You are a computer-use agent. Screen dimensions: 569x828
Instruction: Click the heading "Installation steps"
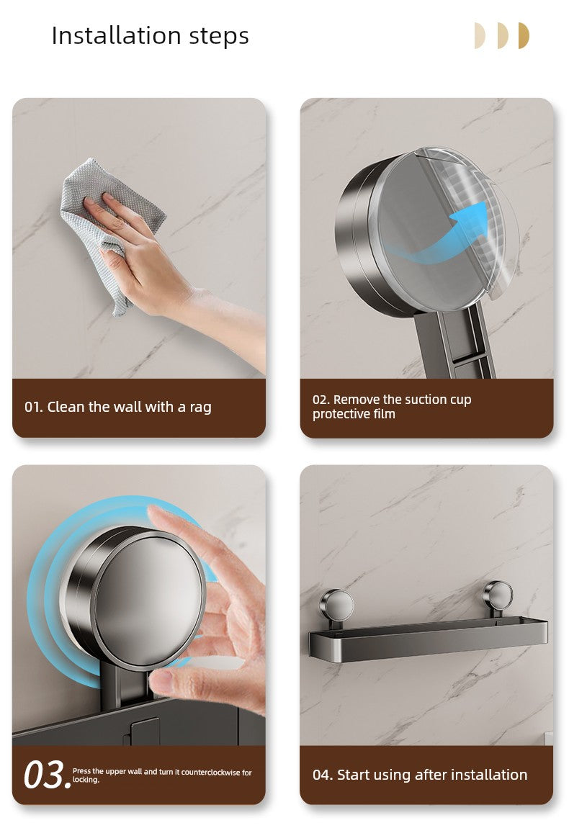(150, 37)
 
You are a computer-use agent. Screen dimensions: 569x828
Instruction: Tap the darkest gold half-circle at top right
(524, 35)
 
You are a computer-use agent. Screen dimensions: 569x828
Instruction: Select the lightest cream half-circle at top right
(480, 35)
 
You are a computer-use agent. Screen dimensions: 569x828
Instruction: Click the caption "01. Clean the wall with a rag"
(118, 407)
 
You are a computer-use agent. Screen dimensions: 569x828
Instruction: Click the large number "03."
(47, 775)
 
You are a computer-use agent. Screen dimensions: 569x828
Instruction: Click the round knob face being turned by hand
(150, 600)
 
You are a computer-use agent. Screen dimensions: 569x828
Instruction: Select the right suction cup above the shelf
(497, 595)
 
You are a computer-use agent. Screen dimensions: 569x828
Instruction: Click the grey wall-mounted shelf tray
(428, 638)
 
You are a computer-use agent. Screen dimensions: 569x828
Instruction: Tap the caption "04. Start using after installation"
(419, 775)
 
